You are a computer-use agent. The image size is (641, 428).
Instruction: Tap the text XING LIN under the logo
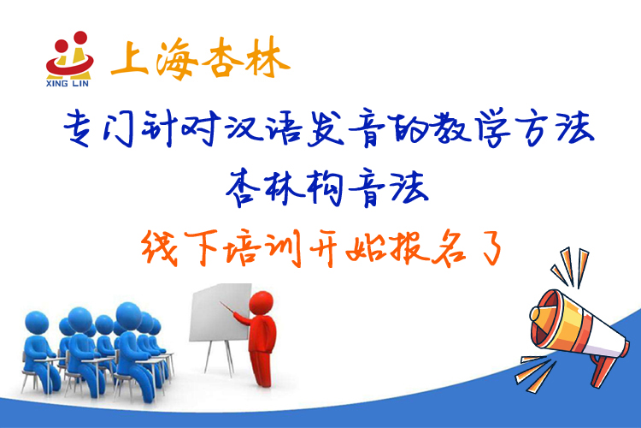68,84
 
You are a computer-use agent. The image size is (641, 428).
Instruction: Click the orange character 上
129,58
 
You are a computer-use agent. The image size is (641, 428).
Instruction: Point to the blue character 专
79,128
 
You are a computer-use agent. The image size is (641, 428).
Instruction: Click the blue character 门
119,128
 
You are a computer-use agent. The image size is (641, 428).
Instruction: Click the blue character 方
532,128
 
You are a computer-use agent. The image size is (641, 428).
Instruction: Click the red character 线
161,247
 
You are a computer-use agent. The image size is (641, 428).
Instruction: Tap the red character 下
202,247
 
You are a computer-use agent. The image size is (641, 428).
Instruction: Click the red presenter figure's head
262,303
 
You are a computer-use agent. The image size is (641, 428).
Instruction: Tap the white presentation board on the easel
221,312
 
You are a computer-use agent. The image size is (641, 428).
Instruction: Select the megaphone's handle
603,370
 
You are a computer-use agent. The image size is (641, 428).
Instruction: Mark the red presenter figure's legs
262,368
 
